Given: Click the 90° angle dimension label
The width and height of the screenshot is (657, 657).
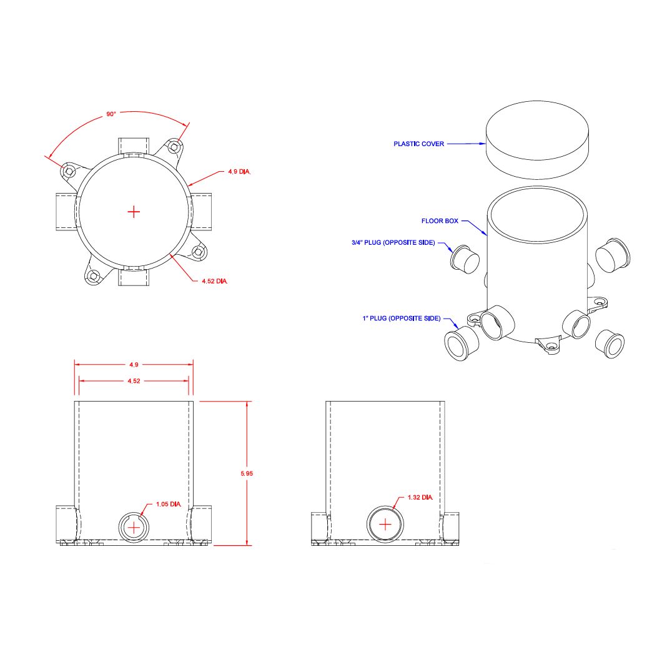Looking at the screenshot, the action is pos(111,114).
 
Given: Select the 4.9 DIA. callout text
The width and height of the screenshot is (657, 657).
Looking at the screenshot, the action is pos(239,171).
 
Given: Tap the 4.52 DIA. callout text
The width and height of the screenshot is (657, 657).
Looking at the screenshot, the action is pos(215,281).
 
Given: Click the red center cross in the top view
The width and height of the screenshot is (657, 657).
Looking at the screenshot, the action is pos(134,212).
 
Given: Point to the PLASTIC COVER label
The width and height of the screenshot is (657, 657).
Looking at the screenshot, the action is pos(418,144).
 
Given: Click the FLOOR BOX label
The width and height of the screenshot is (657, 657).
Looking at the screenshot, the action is pos(440,221).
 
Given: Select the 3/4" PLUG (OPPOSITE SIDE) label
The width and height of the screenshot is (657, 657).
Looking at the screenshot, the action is pos(393,242).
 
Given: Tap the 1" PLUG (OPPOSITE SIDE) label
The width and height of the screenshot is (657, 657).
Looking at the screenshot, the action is pos(402,319).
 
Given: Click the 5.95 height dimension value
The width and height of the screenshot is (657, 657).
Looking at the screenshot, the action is pos(247,473).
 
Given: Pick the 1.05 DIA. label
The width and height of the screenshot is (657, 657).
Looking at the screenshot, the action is pos(169,504).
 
